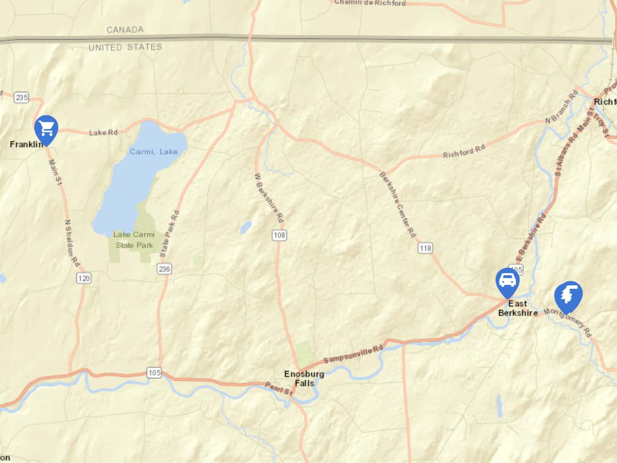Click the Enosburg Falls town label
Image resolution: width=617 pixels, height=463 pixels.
coord(304,379)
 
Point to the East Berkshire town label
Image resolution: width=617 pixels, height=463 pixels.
coord(518,308)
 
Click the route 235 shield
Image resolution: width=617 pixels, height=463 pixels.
coord(21,97)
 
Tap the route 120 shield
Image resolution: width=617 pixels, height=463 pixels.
coord(84,278)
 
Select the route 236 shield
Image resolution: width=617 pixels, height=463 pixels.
coord(164,269)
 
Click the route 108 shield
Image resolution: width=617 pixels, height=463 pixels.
coord(279,235)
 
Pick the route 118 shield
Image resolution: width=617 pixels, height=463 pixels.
coord(425,248)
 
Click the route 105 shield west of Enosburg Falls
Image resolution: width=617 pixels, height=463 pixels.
coord(154,373)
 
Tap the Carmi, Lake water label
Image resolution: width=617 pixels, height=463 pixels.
coord(153,152)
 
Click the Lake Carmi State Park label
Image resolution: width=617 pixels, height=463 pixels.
coord(134,240)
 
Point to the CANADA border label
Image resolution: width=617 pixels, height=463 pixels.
coord(125,30)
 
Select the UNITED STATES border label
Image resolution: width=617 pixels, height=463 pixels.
coord(125,47)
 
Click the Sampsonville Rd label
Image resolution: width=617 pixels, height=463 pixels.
coord(353,354)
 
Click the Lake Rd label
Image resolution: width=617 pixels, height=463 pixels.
coord(103,132)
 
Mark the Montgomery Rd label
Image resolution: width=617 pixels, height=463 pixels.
coord(568,322)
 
